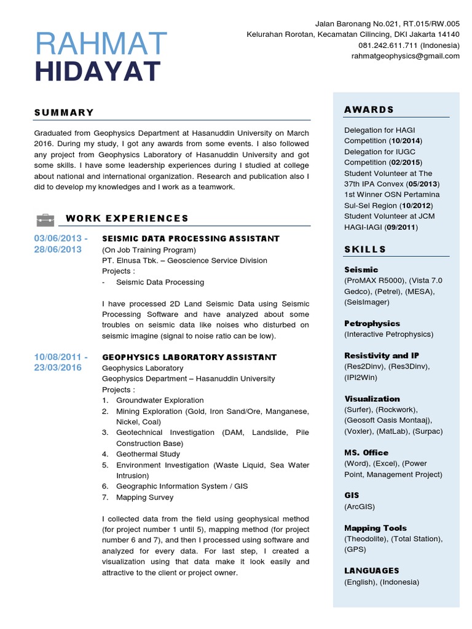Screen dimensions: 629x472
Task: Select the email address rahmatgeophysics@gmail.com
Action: (406, 56)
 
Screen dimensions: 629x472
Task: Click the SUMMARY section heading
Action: (64, 112)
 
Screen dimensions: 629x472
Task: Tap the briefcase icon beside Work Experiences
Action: (45, 219)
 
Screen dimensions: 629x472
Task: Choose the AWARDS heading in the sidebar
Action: (369, 109)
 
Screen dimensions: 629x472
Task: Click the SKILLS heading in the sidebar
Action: (365, 249)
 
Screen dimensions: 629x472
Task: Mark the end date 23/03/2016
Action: (58, 368)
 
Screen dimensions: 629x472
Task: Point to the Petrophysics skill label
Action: (372, 323)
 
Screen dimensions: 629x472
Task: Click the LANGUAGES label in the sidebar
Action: (372, 571)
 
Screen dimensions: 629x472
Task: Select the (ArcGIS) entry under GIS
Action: (360, 506)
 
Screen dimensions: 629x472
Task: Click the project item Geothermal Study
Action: (147, 454)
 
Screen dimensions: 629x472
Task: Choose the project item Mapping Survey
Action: (145, 497)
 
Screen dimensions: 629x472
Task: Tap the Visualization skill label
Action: (372, 399)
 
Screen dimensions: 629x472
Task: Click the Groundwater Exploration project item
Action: (160, 400)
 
